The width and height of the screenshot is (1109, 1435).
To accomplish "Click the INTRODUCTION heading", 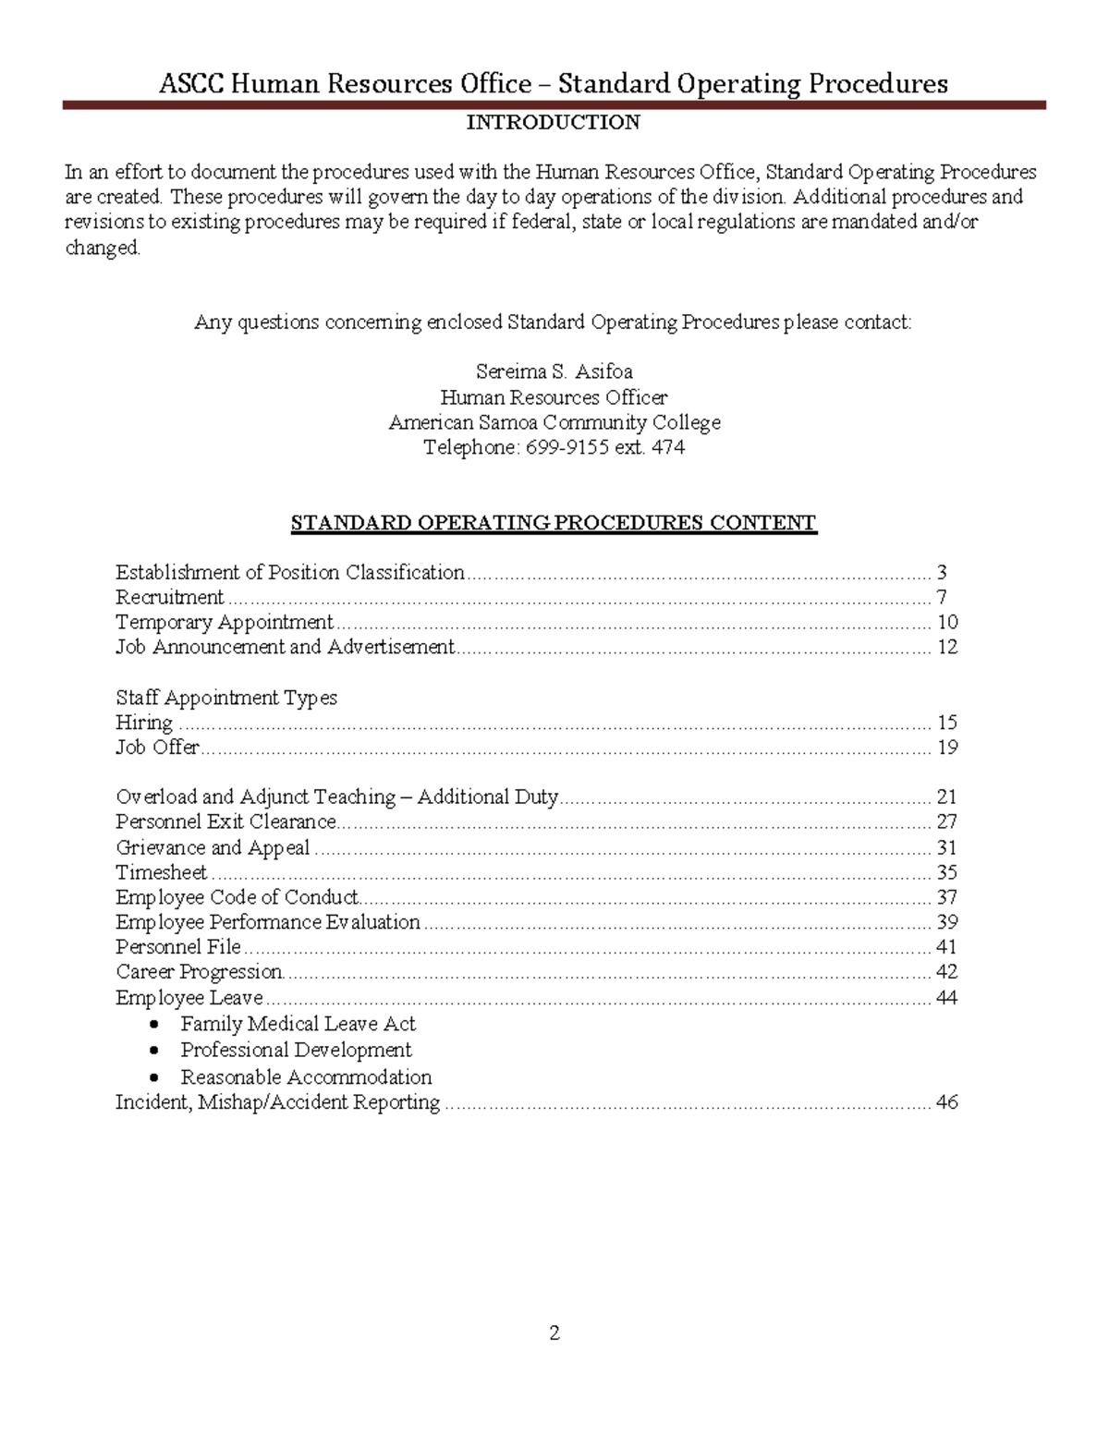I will (553, 122).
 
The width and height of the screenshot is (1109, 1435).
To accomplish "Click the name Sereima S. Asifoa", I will (554, 371).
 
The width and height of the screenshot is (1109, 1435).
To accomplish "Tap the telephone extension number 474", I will (668, 447).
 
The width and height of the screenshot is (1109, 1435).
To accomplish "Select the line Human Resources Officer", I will (554, 397).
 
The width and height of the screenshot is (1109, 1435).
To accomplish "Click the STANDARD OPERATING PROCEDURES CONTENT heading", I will (553, 523).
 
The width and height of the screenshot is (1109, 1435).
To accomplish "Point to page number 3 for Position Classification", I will (942, 572).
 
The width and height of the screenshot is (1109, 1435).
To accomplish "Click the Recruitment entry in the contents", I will (170, 597).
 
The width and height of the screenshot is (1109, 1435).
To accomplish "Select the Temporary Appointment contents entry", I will (225, 622).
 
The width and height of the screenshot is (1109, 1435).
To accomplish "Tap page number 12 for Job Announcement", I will (946, 647).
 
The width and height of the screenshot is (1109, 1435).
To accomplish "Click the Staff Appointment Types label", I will (226, 698).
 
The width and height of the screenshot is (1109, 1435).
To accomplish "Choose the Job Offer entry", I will (157, 747).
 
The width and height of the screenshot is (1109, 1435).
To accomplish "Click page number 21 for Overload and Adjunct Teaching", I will (946, 797).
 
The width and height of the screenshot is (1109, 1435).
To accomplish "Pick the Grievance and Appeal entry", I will (213, 847).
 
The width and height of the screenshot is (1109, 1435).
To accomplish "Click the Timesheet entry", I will (162, 872).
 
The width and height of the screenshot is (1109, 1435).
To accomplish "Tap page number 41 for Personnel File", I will (946, 947).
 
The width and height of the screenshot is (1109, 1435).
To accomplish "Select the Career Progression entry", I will (200, 972).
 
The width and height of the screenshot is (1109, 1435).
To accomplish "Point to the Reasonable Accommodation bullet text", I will (306, 1077).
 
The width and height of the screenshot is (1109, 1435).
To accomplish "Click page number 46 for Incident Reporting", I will (946, 1102).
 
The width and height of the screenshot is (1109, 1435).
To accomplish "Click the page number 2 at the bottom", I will (554, 1332).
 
